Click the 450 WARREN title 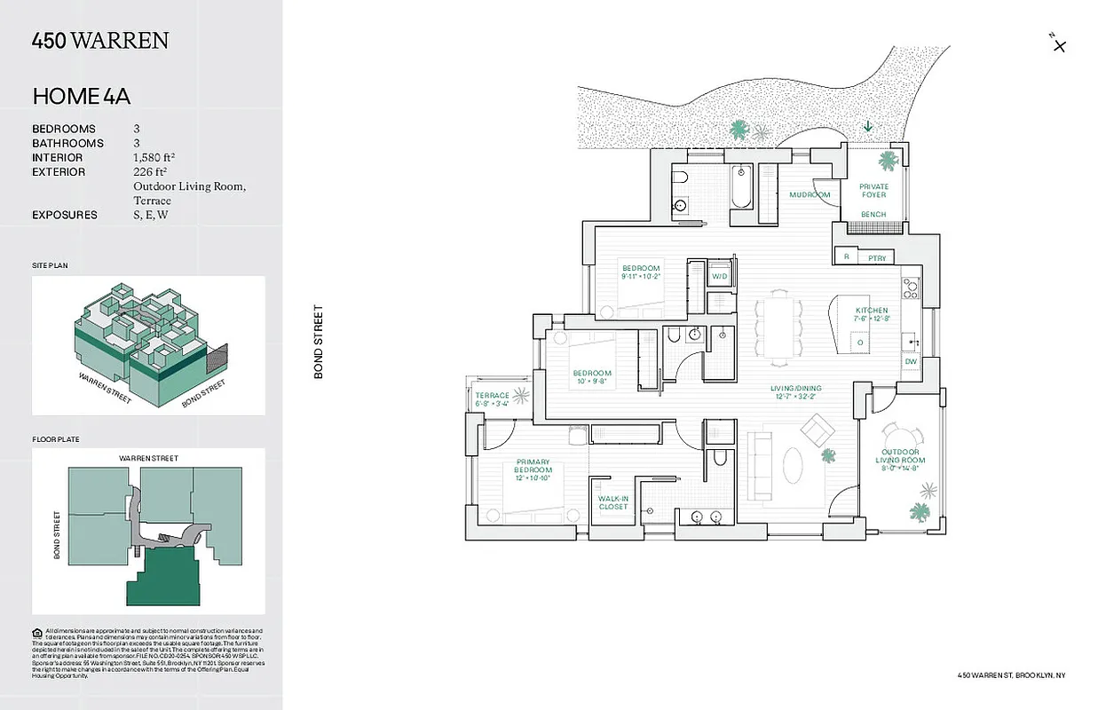(99, 41)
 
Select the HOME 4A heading (81, 96)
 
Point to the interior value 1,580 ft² (154, 157)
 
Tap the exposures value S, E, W (151, 215)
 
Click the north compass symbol (1057, 43)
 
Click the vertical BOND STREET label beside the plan (319, 342)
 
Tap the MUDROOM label (810, 194)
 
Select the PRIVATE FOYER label (873, 191)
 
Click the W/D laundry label (720, 277)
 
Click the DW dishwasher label (911, 362)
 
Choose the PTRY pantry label (877, 257)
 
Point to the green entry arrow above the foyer (867, 127)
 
